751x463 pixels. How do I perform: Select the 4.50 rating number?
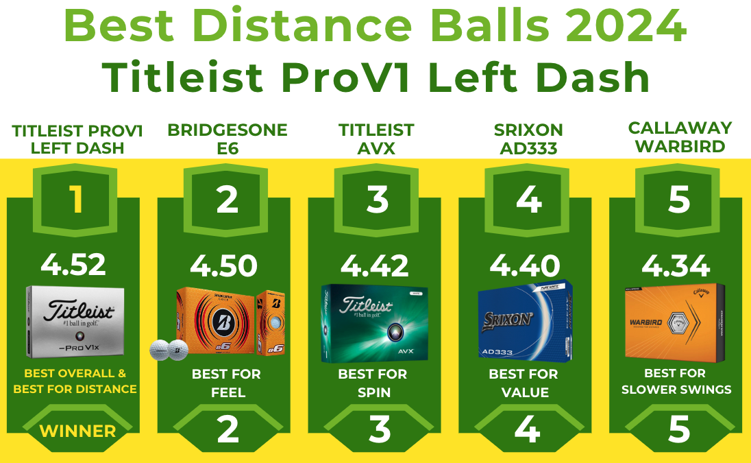tap(223, 265)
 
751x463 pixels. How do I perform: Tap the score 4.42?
tap(375, 265)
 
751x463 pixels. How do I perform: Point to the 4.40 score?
tap(526, 265)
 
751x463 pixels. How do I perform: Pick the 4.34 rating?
tap(676, 265)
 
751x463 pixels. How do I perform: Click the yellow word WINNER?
tap(77, 431)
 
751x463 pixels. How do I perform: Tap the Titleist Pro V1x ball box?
tap(75, 322)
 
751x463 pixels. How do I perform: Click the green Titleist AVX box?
tap(375, 323)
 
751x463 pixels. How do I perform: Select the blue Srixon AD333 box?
tap(525, 321)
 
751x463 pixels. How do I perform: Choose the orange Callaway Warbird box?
tap(675, 320)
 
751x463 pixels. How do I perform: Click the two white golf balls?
tap(169, 350)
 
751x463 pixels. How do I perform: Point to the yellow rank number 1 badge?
tap(75, 198)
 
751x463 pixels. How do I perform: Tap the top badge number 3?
tap(377, 198)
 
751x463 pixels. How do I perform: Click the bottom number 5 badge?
tap(678, 429)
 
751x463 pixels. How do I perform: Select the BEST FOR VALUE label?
tap(524, 383)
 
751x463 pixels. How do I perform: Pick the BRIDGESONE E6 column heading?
tap(227, 139)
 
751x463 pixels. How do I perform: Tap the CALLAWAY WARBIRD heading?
tap(680, 137)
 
